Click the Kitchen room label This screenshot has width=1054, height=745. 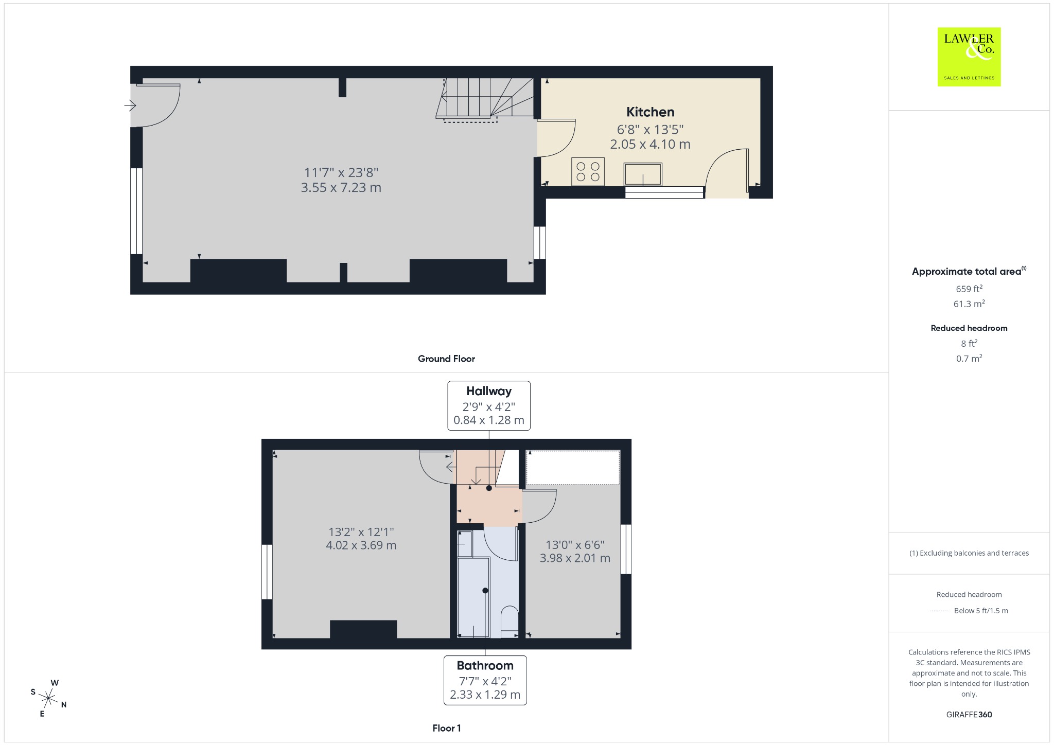click(x=650, y=112)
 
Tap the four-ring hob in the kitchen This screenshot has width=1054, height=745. click(x=588, y=172)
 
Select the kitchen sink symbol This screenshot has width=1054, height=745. click(x=643, y=174)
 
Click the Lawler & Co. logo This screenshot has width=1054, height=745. click(x=969, y=57)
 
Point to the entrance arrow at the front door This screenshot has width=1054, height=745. click(x=130, y=105)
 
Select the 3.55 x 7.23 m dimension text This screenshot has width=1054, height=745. click(x=341, y=187)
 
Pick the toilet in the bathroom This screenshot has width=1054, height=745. click(x=510, y=622)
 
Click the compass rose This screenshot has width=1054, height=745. click(x=49, y=698)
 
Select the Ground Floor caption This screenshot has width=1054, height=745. click(x=446, y=359)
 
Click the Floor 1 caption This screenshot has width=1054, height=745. click(x=447, y=728)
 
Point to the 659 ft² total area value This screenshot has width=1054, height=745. click(x=969, y=289)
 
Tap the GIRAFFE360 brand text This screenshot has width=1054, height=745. click(x=969, y=715)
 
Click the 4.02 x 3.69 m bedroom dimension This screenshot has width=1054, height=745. click(x=361, y=545)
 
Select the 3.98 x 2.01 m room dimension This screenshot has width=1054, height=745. click(x=575, y=558)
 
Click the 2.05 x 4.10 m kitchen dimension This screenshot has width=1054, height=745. click(x=650, y=144)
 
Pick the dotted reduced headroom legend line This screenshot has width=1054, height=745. click(x=939, y=611)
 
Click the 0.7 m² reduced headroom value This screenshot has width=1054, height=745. click(x=969, y=358)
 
